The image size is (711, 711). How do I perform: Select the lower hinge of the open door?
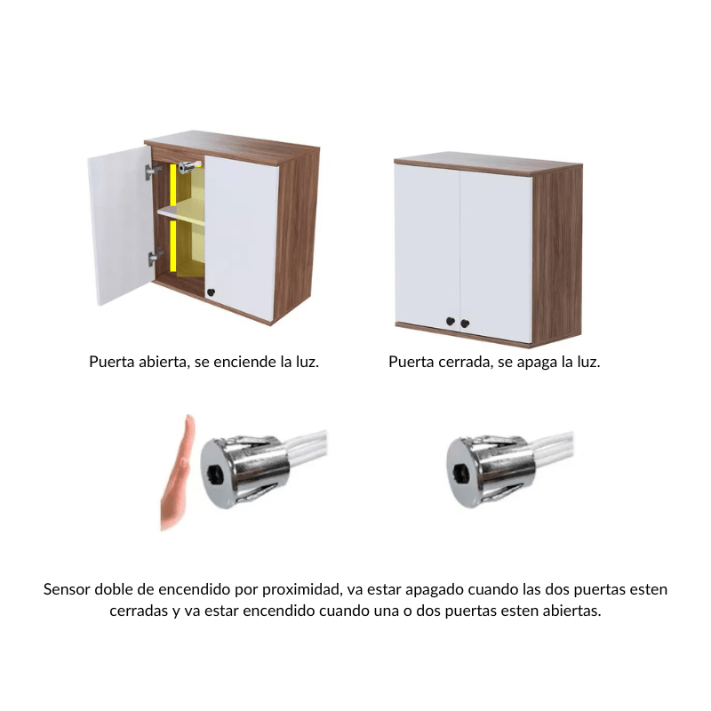(x=153, y=259)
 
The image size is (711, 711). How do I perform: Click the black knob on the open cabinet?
(x=211, y=292)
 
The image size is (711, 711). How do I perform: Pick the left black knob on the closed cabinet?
(x=451, y=322)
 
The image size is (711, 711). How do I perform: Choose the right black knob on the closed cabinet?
(x=464, y=323)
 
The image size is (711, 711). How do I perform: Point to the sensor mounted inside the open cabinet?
(x=188, y=166)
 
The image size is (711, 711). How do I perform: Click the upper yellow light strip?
(x=173, y=188)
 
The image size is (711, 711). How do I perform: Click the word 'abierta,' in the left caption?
(x=163, y=363)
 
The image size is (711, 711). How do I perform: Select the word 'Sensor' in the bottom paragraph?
(x=66, y=589)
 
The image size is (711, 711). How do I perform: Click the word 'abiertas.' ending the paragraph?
(x=571, y=611)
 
